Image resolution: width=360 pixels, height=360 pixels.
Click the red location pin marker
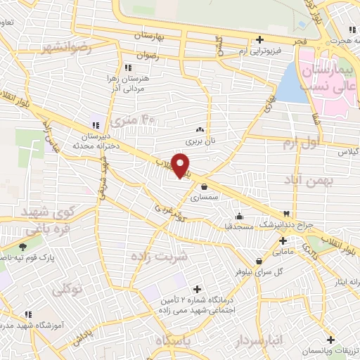click(182, 165)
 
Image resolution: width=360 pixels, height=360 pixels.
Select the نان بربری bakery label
click(198, 141)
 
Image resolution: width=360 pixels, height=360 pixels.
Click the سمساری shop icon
click(204, 187)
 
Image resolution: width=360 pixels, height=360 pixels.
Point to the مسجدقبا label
click(238, 226)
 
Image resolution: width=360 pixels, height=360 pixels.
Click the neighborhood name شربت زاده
click(160, 257)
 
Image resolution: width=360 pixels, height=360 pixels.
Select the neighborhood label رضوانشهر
click(67, 48)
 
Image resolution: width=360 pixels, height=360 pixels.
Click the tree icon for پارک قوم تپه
click(24, 247)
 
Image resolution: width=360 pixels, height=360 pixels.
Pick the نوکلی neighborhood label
click(72, 288)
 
